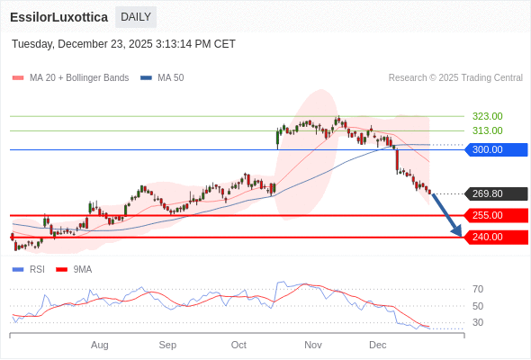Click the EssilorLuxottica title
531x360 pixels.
[59, 17]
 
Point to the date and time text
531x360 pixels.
[123, 43]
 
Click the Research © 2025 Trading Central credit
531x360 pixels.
[455, 77]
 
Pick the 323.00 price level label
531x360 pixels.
[487, 116]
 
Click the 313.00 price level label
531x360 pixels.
[487, 130]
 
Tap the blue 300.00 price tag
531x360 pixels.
[495, 149]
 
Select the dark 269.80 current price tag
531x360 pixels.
[495, 193]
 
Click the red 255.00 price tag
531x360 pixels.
[495, 215]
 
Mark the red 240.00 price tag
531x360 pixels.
[495, 237]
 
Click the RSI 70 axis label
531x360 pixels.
[478, 289]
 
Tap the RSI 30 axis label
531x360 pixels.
[478, 322]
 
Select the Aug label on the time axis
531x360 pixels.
[100, 345]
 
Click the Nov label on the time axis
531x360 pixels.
[313, 345]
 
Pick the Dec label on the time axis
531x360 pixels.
[378, 345]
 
